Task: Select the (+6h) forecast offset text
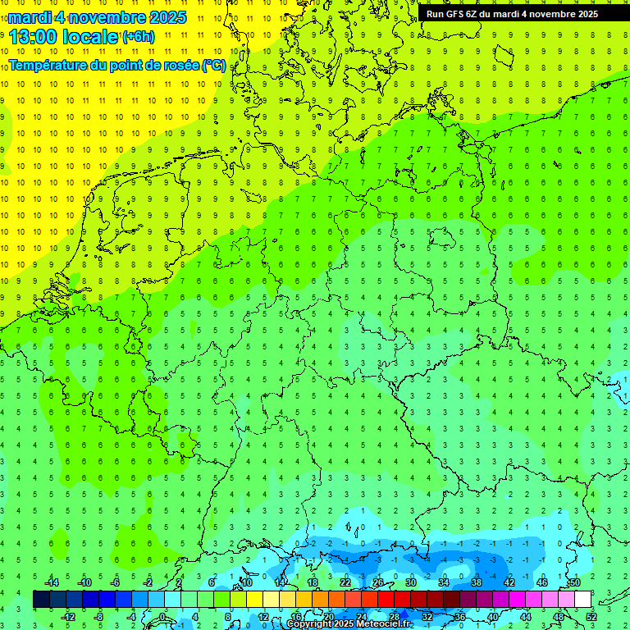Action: [138, 37]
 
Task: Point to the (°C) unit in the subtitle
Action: [214, 66]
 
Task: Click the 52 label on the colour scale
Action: [591, 616]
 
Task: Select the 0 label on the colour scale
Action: [162, 616]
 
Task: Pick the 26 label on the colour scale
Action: [378, 582]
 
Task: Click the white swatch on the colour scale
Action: [583, 600]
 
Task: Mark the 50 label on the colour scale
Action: [575, 582]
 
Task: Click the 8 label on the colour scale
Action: [228, 616]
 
